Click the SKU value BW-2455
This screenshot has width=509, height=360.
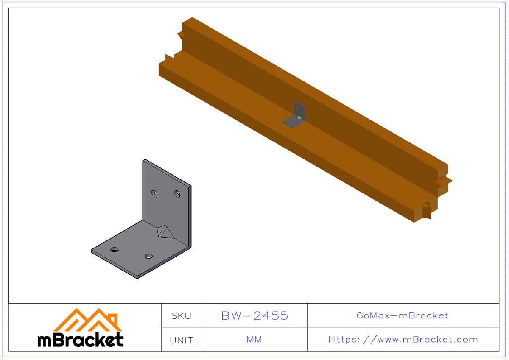pos(255,316)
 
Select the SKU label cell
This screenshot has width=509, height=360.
pos(181,316)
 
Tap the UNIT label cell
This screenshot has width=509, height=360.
pos(181,340)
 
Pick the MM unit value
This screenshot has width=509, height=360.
pos(254,340)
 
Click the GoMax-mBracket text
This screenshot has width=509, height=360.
pos(403,316)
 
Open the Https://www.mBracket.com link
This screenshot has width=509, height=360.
pos(403,340)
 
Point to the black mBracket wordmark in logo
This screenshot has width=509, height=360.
pos(81,340)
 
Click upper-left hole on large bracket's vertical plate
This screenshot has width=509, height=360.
pos(155,193)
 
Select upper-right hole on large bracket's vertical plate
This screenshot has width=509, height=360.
pos(177,193)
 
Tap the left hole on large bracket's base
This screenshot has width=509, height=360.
pos(114,249)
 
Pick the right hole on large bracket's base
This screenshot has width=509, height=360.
pos(148,256)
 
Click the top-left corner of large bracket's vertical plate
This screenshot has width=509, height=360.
pos(144,160)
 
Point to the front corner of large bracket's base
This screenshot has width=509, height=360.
pos(138,277)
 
